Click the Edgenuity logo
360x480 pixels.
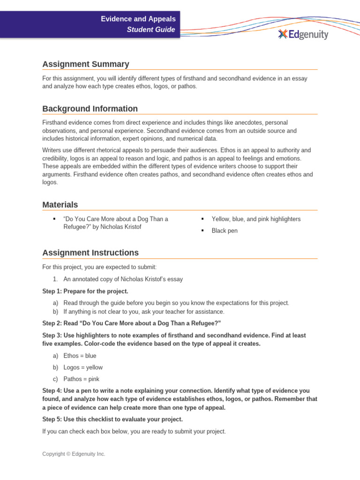pos(303,34)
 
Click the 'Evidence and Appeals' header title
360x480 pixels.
pos(138,19)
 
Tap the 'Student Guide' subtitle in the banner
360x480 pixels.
pos(151,30)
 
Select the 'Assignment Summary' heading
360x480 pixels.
pos(86,64)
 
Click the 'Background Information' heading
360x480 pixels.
pos(90,109)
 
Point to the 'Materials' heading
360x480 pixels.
pos(60,205)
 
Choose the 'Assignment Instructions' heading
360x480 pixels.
pos(90,253)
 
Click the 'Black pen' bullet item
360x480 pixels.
pos(225,231)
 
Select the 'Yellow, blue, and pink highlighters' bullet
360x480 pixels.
pos(256,219)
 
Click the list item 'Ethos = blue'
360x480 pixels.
pos(80,356)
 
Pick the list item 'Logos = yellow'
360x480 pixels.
pos(82,367)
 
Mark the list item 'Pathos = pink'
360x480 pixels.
pos(81,379)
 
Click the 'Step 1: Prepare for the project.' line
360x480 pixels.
pos(85,291)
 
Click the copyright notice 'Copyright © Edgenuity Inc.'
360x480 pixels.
pos(74,454)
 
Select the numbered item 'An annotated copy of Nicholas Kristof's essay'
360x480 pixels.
pos(123,279)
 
